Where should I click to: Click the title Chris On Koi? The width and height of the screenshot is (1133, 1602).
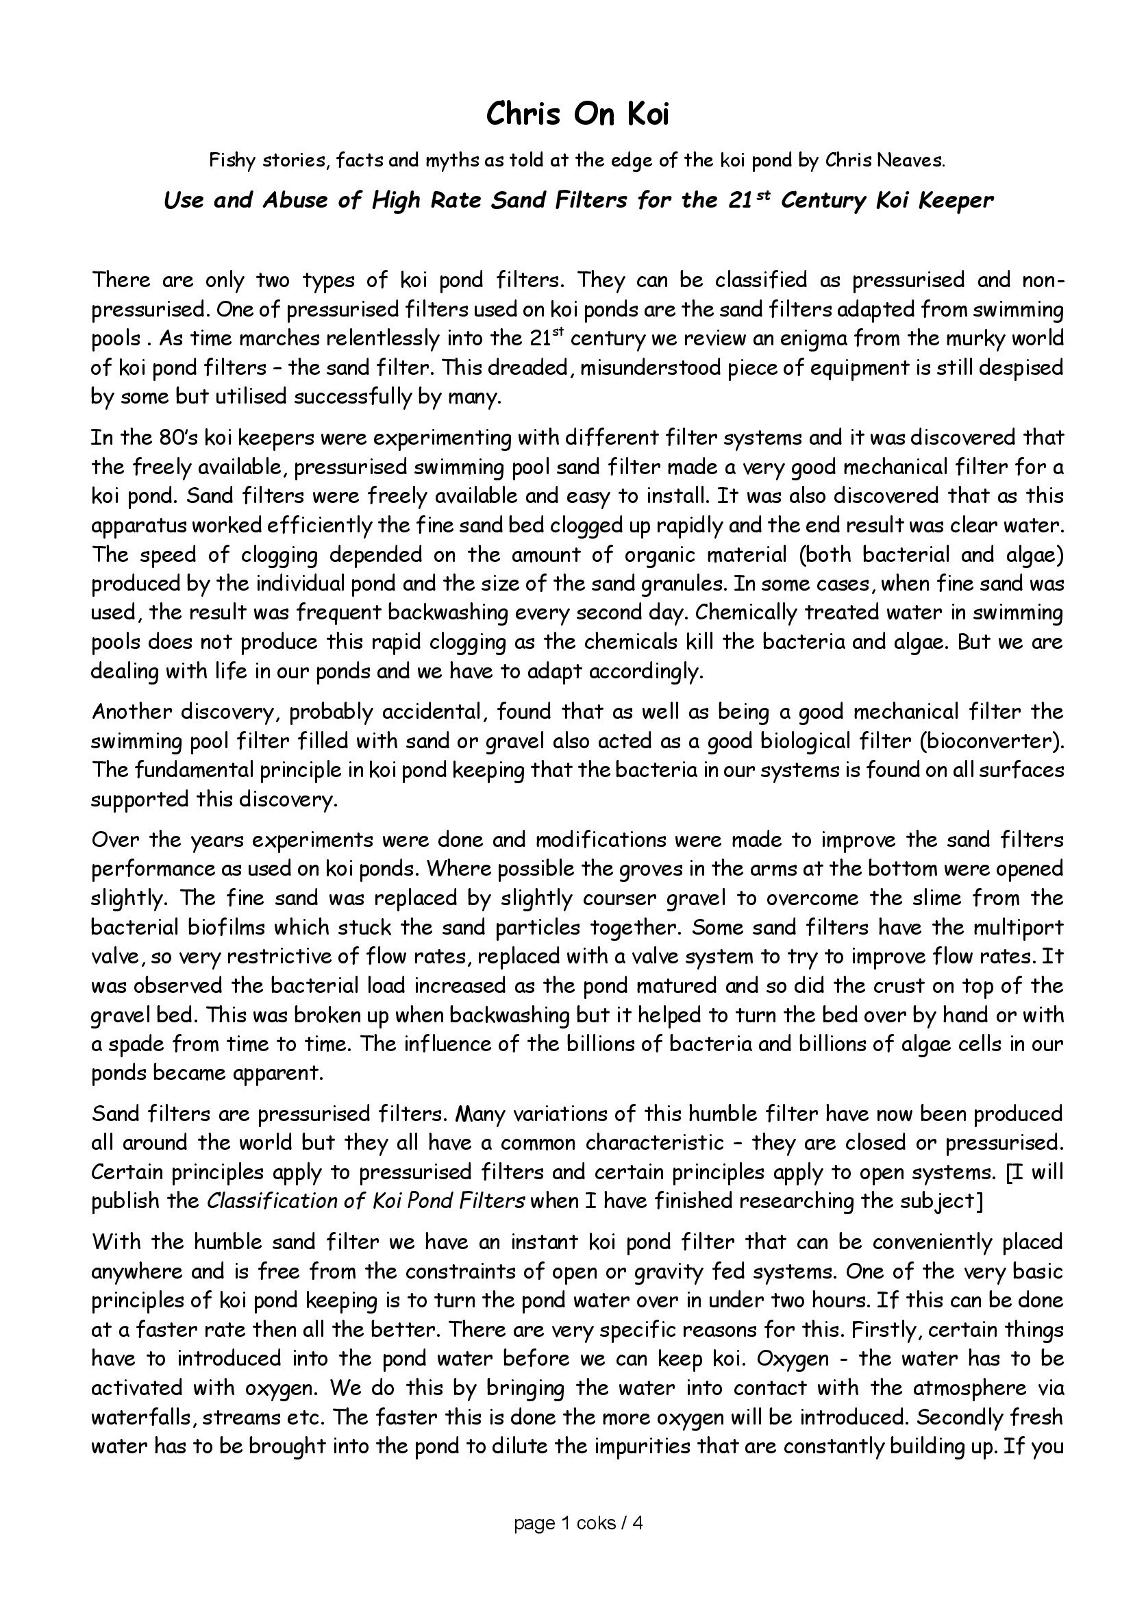pyautogui.click(x=577, y=114)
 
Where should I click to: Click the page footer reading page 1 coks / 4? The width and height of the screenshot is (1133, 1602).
pyautogui.click(x=577, y=1523)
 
